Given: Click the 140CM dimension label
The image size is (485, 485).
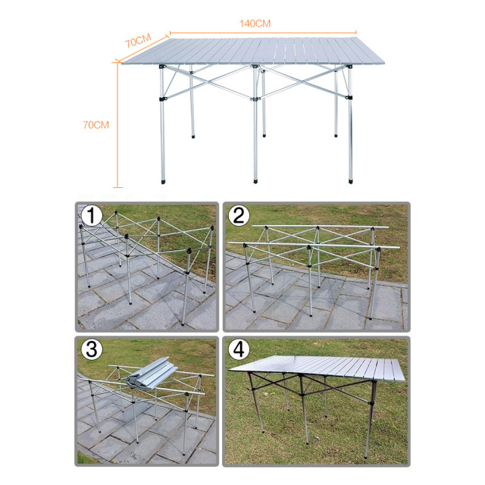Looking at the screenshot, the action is click(x=255, y=23).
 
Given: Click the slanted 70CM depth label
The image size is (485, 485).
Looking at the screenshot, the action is click(x=138, y=40).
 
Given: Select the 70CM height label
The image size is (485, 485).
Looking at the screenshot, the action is click(x=96, y=125).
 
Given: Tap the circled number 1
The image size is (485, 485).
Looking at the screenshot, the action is click(x=91, y=215).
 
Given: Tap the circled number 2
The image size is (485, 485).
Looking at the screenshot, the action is click(x=239, y=215).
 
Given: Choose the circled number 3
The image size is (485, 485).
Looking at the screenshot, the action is click(x=92, y=349).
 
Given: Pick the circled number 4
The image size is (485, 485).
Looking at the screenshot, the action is click(x=239, y=349).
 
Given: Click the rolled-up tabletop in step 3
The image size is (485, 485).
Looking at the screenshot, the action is click(x=152, y=373).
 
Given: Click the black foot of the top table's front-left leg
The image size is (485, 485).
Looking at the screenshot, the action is click(x=163, y=181).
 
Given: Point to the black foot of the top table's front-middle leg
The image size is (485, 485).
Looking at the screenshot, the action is click(x=255, y=180).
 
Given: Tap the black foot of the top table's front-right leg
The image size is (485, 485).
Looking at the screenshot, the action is click(x=350, y=180).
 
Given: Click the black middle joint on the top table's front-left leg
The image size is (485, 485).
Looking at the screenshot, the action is click(x=163, y=99).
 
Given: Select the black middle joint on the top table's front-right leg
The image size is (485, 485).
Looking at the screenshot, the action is click(x=349, y=98).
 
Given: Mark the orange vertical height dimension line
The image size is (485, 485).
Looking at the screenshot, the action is click(x=117, y=124).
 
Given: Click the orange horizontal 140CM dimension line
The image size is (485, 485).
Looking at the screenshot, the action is click(x=263, y=32).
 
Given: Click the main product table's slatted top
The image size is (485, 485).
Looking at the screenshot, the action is click(x=253, y=51).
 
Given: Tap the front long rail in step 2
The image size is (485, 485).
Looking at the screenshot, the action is click(x=314, y=246).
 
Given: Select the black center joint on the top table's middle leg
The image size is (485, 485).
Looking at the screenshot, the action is click(x=255, y=99).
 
